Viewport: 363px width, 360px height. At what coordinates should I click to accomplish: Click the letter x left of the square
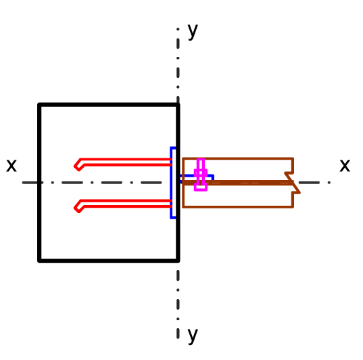point(11,166)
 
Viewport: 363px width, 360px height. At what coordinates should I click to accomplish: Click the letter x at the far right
point(345,166)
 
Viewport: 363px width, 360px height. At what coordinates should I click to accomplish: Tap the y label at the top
point(193,32)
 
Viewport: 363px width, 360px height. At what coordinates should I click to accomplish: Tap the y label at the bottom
point(193,336)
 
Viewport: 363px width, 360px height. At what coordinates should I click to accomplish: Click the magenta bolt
point(201,175)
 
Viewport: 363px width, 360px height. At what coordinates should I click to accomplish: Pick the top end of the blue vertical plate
point(173,148)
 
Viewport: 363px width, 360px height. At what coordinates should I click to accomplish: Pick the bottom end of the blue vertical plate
point(173,218)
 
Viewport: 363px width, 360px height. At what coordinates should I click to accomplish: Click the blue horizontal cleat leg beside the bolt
point(197,177)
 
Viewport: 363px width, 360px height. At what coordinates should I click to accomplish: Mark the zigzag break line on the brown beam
point(293,183)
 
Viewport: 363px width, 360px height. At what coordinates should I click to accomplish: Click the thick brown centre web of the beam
point(237,183)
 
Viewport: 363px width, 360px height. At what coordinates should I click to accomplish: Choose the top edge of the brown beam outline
point(238,158)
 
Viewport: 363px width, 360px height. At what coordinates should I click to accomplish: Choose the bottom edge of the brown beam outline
point(238,206)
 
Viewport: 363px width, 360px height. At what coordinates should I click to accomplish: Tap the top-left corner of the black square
point(39,105)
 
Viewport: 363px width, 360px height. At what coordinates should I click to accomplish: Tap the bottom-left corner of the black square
point(39,261)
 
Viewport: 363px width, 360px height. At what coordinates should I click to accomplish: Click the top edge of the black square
point(109,105)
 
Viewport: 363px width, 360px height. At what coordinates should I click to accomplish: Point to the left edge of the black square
point(39,183)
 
